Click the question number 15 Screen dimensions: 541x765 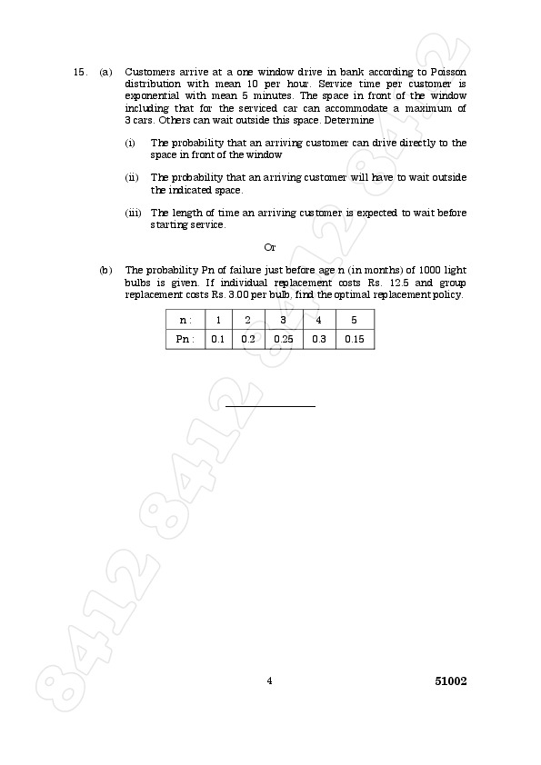(x=79, y=71)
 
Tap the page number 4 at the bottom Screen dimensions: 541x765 (x=269, y=681)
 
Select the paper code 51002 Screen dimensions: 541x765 (x=450, y=681)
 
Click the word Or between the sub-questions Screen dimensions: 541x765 (x=269, y=247)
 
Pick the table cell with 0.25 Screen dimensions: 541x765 (x=283, y=339)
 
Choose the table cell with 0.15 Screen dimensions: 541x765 (x=355, y=339)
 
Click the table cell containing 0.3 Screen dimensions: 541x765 (x=318, y=339)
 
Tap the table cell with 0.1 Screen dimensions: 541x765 (x=217, y=339)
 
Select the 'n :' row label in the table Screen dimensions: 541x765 (x=185, y=320)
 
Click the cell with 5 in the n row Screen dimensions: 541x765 (x=354, y=320)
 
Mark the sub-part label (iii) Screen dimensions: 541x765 (x=133, y=213)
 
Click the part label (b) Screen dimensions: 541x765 (x=105, y=270)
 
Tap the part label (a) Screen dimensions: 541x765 (x=105, y=71)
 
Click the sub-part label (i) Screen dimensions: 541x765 (x=130, y=143)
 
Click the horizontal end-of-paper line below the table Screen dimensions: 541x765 (x=270, y=405)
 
